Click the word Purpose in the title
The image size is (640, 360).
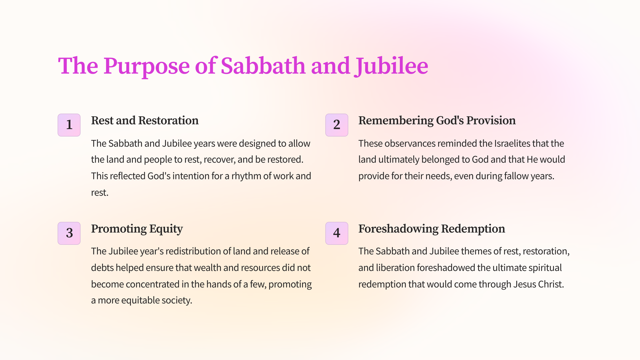147,66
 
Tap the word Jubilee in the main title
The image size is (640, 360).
391,66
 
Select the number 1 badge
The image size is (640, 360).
69,125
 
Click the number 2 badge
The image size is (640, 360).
337,125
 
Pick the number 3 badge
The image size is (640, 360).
69,233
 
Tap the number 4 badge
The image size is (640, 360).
337,233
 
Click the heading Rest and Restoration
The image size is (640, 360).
145,121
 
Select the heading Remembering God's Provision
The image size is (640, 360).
437,121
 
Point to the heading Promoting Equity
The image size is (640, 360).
137,229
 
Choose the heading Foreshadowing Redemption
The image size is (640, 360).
432,229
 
